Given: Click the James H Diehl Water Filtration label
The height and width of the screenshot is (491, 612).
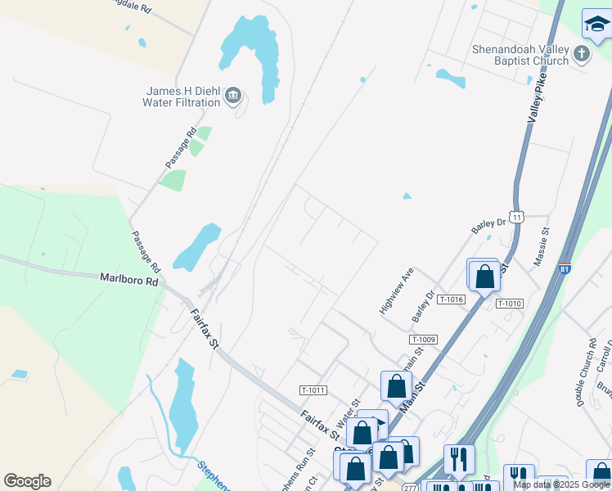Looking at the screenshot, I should pyautogui.click(x=182, y=97).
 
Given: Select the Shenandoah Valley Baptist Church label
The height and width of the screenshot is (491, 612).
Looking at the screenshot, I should pyautogui.click(x=520, y=55).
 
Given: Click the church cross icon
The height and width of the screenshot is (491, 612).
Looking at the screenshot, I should pyautogui.click(x=582, y=55).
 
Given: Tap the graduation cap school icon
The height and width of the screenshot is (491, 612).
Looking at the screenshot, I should pyautogui.click(x=596, y=25).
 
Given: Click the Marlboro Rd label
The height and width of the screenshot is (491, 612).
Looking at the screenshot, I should pyautogui.click(x=128, y=279).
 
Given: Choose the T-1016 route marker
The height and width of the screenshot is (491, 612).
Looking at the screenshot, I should pyautogui.click(x=451, y=300).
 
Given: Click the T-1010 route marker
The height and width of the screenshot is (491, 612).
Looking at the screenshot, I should pyautogui.click(x=508, y=304).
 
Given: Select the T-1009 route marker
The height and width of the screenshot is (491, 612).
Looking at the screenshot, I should pyautogui.click(x=422, y=339).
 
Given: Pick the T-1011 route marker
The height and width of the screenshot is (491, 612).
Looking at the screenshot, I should pyautogui.click(x=313, y=390).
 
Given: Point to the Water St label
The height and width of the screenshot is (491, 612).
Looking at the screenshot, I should pyautogui.click(x=349, y=412).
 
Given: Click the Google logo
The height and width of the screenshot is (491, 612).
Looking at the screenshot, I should pyautogui.click(x=27, y=481).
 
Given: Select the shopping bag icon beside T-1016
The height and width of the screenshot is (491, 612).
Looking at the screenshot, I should pyautogui.click(x=484, y=276).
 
